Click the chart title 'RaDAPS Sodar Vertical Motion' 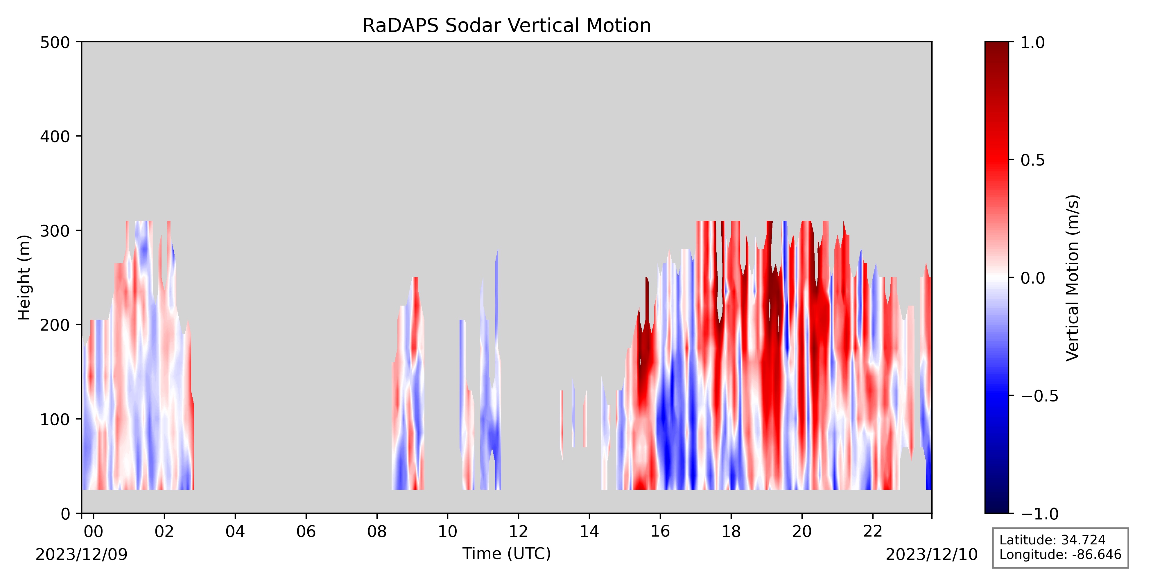click(507, 26)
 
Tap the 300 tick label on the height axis click(55, 230)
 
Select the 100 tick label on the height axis click(55, 419)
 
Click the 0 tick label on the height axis click(65, 513)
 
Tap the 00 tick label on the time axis click(93, 531)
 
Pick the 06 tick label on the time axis click(306, 531)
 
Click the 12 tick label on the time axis click(518, 531)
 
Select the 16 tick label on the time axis click(660, 531)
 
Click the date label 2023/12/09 click(82, 554)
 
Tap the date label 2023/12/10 click(932, 554)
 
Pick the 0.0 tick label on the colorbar click(1032, 278)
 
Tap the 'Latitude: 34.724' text click(1052, 540)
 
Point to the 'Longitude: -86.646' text click(1060, 554)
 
